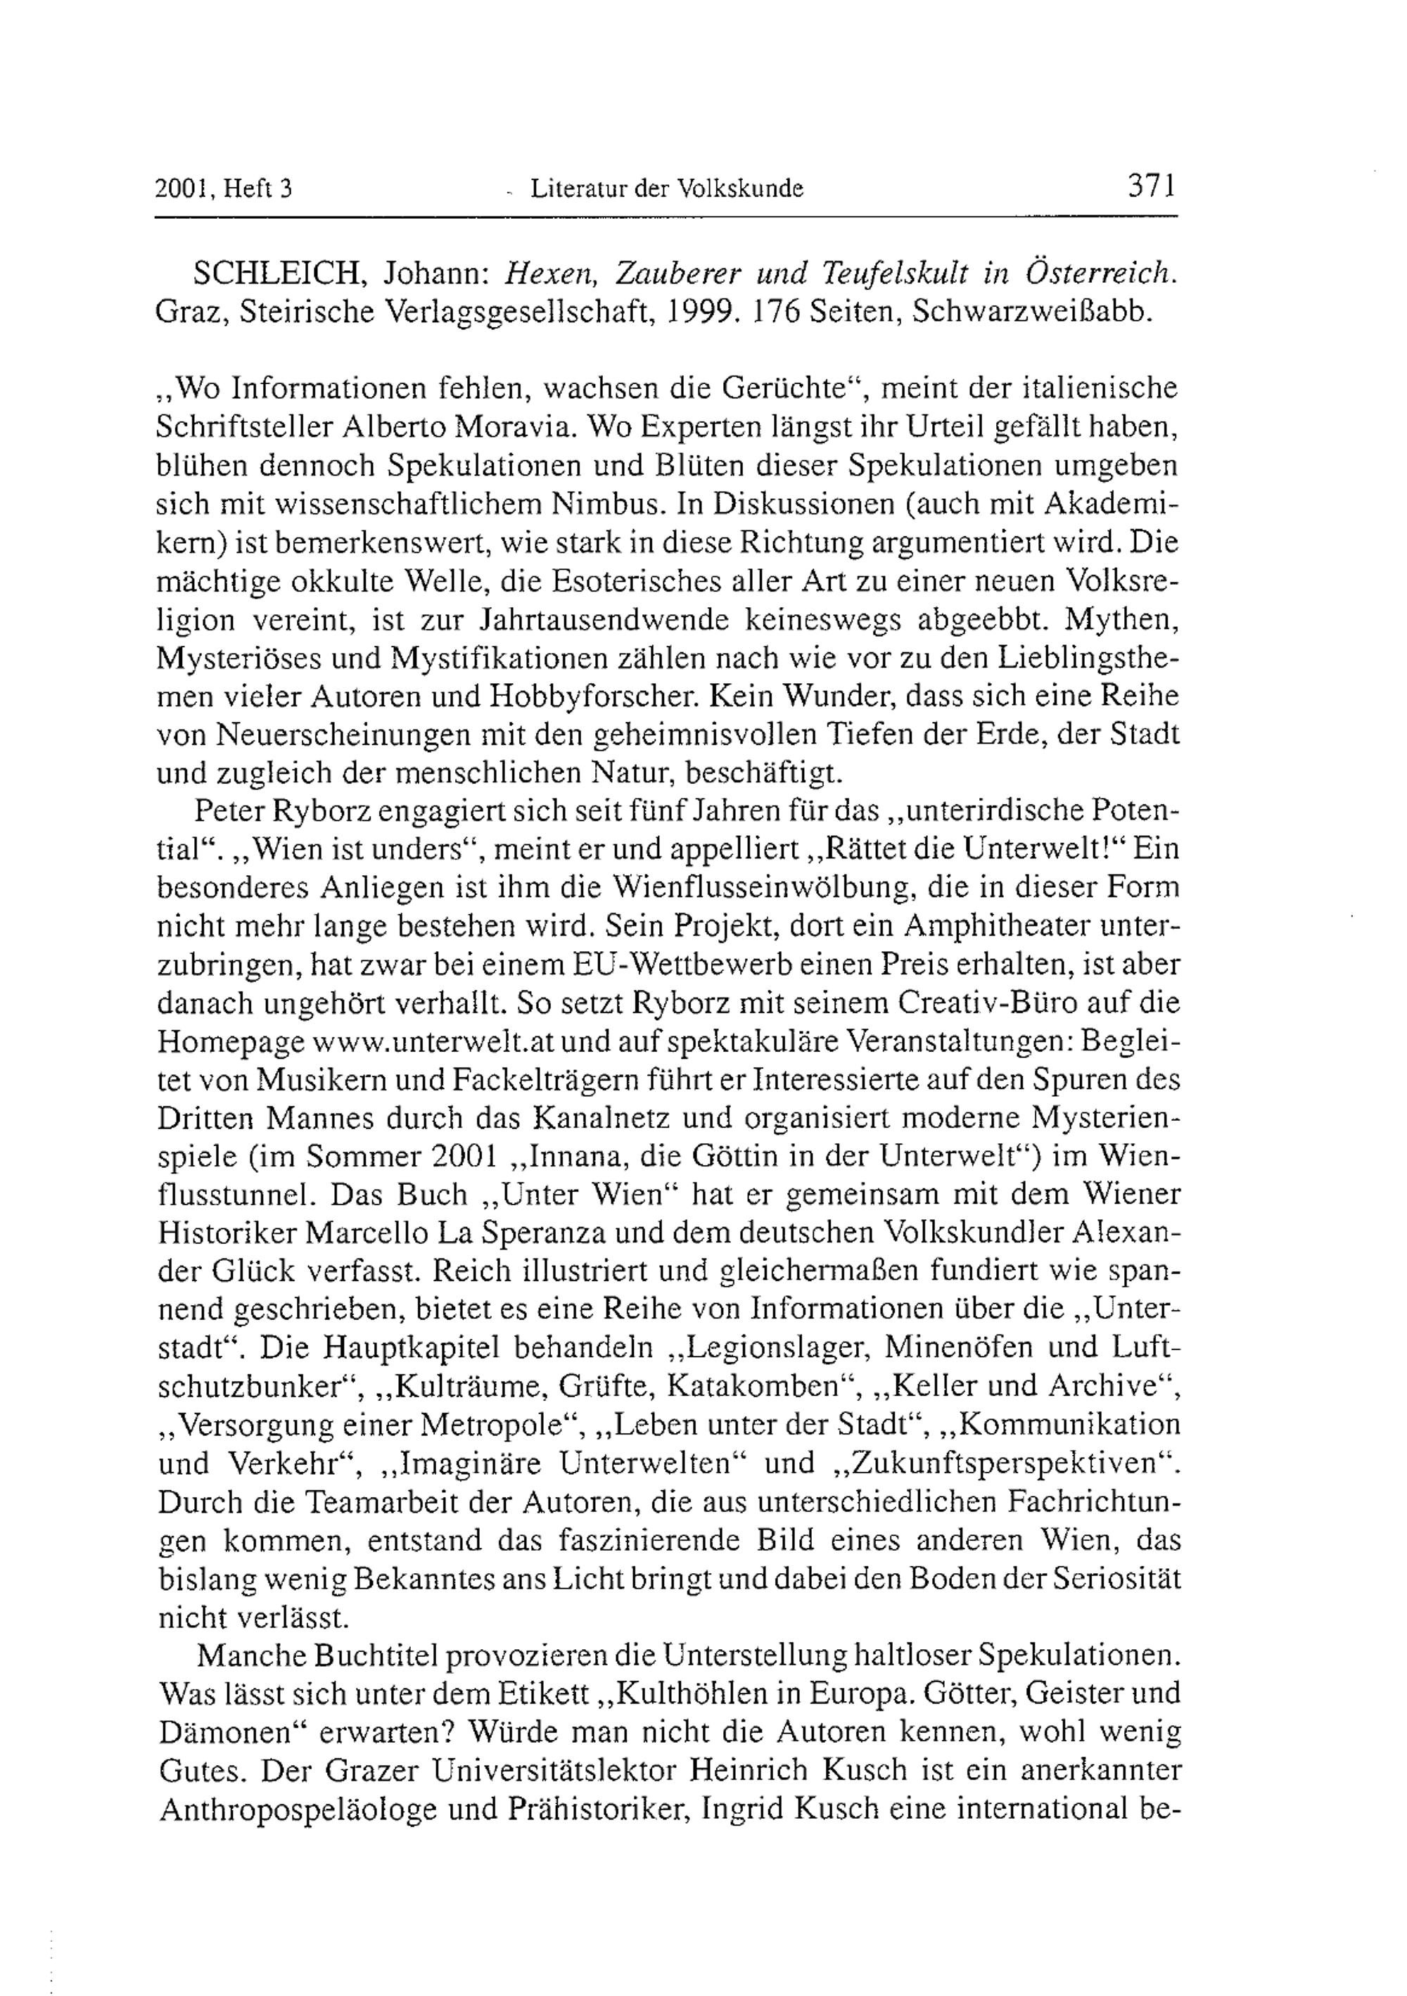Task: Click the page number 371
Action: click(x=1151, y=185)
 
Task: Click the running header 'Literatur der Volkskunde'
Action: click(x=666, y=188)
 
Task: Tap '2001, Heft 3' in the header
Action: click(x=223, y=189)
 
